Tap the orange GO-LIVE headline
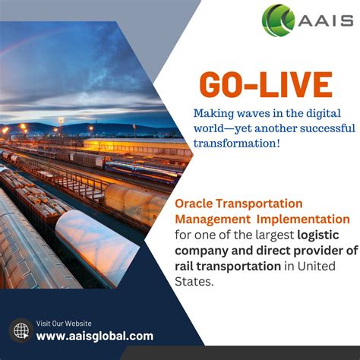(x=267, y=85)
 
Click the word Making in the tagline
(x=214, y=113)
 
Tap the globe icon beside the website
(x=21, y=330)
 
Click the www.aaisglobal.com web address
(x=94, y=336)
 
